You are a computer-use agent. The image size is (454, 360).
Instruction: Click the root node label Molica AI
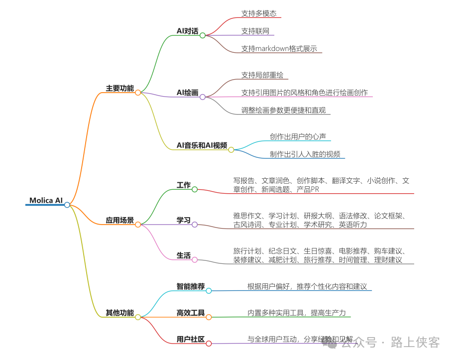click(46, 201)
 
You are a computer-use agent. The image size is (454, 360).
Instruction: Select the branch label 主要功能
click(119, 89)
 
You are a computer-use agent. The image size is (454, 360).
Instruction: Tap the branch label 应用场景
click(119, 220)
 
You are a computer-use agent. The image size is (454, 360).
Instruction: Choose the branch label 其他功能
click(119, 313)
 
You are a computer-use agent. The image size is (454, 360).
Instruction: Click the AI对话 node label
click(187, 31)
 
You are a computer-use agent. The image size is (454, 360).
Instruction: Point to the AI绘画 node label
click(187, 93)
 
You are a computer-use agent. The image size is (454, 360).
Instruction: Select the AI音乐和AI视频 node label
click(202, 145)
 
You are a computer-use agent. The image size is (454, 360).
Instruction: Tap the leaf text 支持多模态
click(259, 13)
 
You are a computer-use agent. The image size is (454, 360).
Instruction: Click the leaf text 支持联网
click(255, 31)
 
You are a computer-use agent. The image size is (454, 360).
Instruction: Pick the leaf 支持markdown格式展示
click(279, 48)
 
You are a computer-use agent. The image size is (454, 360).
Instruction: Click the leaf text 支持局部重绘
click(262, 75)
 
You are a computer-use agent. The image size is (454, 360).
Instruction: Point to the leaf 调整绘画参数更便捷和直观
click(283, 110)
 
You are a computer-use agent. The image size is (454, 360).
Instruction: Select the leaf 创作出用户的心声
click(298, 136)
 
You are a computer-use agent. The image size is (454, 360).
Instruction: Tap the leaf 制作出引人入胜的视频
click(305, 154)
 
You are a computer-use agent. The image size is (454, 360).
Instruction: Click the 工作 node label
click(184, 185)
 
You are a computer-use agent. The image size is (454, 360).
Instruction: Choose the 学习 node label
click(184, 220)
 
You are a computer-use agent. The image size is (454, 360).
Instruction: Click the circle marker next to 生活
click(195, 259)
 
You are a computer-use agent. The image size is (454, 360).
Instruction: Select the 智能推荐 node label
click(191, 287)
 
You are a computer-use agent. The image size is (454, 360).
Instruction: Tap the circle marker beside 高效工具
click(209, 317)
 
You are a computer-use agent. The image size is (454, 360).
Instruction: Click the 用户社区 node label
click(191, 340)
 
